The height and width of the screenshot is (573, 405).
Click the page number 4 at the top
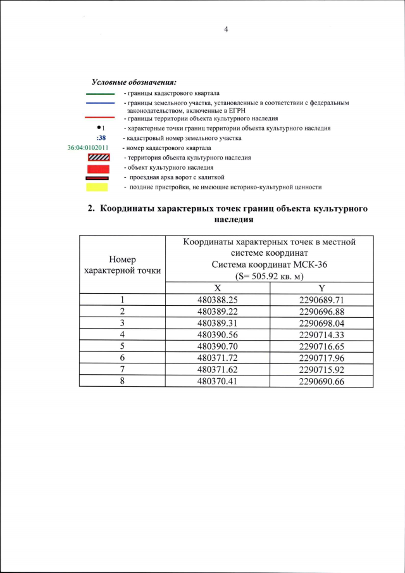click(225, 29)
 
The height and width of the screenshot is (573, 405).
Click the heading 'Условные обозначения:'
click(134, 82)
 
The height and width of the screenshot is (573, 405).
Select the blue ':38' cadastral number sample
click(101, 137)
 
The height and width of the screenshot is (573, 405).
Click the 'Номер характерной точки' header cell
click(122, 265)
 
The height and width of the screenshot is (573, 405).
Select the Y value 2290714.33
click(321, 334)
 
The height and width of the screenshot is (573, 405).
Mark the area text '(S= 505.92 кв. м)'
click(269, 276)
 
